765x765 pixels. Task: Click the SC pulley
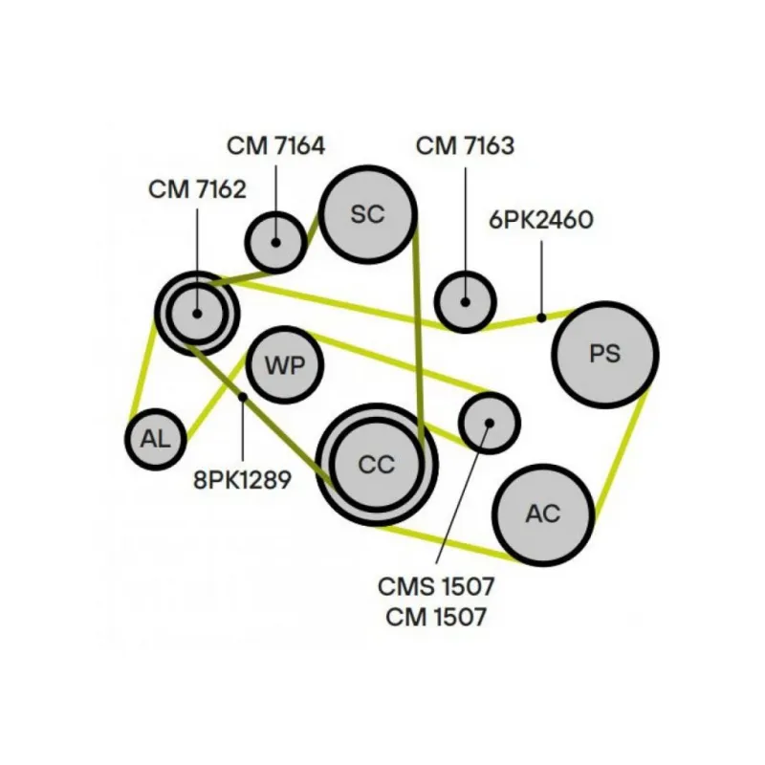[367, 214]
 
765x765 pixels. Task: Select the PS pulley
[604, 354]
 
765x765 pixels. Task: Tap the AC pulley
[543, 514]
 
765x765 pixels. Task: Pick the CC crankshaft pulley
[376, 465]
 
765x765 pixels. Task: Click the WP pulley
[284, 364]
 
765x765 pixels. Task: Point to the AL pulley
[155, 440]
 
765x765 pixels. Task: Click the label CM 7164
[275, 146]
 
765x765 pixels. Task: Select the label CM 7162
[197, 189]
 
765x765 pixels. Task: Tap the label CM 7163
[465, 146]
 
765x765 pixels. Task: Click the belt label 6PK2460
[541, 220]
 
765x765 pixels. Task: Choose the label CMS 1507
[436, 583]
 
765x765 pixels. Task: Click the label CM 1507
[436, 617]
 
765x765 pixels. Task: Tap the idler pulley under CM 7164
[275, 241]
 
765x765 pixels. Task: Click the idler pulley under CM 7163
[466, 301]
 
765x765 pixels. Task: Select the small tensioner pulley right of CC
[489, 421]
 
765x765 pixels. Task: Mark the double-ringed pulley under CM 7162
[197, 312]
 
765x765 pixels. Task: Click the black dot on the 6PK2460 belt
[541, 317]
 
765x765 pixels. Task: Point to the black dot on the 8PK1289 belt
[243, 397]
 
